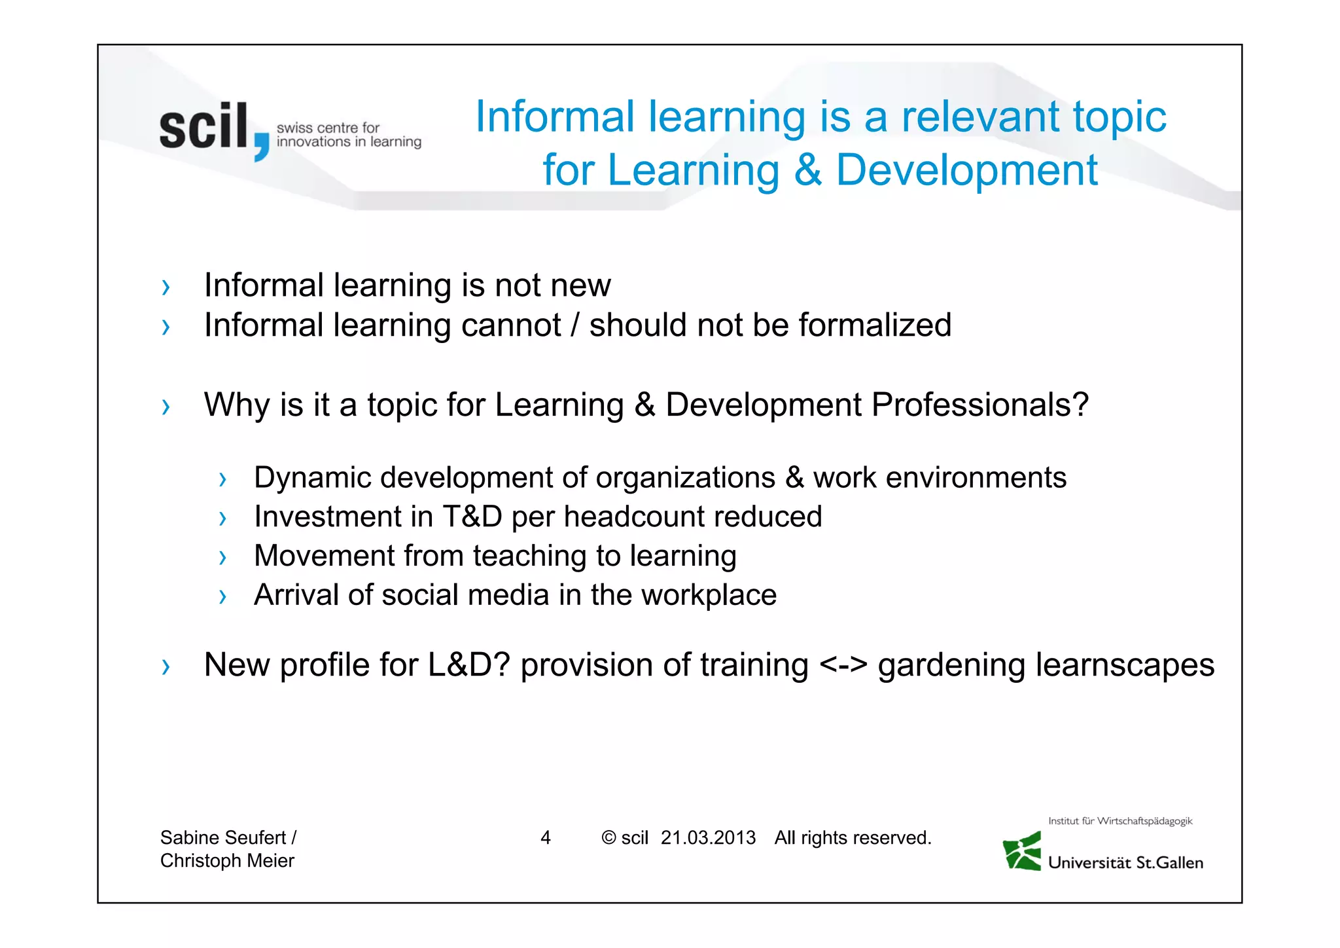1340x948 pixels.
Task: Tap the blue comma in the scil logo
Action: [261, 145]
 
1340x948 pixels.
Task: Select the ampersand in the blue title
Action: [807, 170]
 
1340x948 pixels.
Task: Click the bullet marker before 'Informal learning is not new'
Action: [166, 287]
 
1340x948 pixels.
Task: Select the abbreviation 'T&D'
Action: [472, 517]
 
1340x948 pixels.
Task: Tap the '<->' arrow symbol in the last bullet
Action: [843, 665]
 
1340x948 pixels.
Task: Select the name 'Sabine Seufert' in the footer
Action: [223, 837]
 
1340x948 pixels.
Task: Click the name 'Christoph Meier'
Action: [227, 860]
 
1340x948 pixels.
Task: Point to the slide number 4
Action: [545, 837]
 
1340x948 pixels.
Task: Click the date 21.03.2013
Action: [707, 837]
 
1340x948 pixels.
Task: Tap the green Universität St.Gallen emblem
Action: [1023, 851]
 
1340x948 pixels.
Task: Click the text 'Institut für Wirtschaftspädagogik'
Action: [1120, 821]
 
